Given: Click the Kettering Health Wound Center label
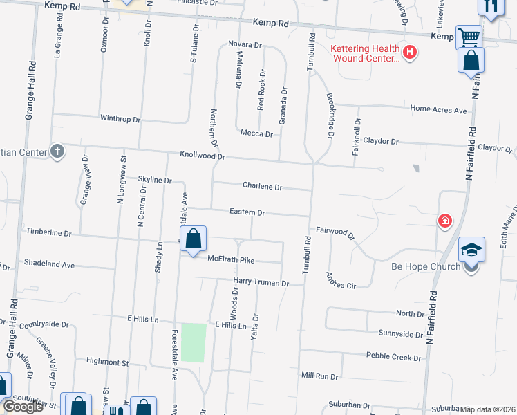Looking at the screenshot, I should (x=365, y=53).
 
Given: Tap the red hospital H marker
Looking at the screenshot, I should (x=410, y=52).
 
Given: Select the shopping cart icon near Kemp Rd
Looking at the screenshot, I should (x=469, y=36).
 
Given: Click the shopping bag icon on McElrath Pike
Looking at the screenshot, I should (x=194, y=239).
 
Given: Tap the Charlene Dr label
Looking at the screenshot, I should (x=262, y=187).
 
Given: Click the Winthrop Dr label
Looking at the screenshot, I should (x=120, y=119).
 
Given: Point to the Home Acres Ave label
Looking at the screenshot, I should (x=438, y=109).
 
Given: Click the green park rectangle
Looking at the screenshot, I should (x=194, y=342).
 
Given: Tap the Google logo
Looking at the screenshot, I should (x=23, y=407).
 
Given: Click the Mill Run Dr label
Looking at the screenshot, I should (x=319, y=376).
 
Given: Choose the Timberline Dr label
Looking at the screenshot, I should (x=48, y=233).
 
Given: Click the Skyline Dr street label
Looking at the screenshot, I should (x=154, y=180).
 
